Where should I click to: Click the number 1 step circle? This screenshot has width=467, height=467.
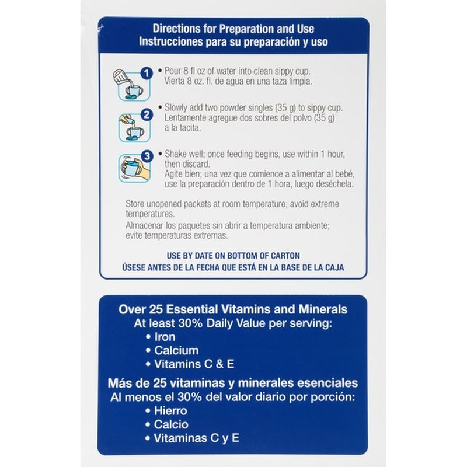click(x=147, y=74)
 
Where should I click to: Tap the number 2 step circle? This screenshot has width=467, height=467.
click(x=147, y=115)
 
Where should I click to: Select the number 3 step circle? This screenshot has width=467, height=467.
click(x=147, y=156)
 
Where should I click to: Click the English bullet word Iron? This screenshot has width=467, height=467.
click(x=165, y=337)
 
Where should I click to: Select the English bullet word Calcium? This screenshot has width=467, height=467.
click(x=176, y=351)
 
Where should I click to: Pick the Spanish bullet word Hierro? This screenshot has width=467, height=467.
click(x=170, y=411)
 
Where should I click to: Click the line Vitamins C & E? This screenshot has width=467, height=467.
click(x=194, y=364)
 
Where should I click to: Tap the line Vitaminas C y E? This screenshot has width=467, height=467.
click(x=196, y=438)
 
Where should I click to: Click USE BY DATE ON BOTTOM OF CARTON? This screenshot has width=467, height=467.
click(x=233, y=256)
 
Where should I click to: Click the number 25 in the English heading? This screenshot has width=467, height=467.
click(x=156, y=309)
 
